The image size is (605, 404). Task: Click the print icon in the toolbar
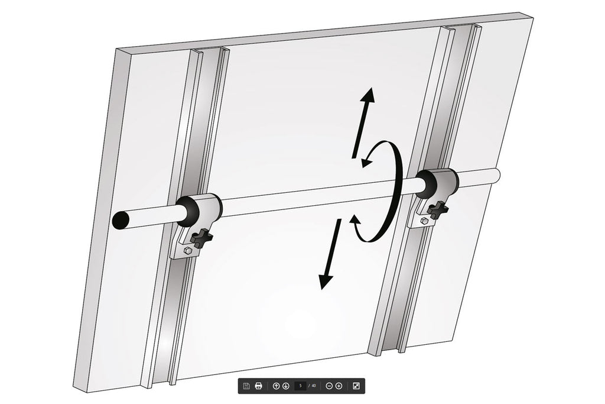[259, 386]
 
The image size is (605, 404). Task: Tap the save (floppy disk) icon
[246, 386]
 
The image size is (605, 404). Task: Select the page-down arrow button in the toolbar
[286, 386]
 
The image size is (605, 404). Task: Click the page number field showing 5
[300, 386]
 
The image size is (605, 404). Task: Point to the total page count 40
[313, 386]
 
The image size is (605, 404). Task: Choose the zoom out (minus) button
[329, 386]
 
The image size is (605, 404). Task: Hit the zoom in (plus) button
[339, 386]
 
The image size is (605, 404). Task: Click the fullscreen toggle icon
[356, 386]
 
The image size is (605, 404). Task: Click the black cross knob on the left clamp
[202, 238]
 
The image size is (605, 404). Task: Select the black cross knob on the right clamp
[438, 210]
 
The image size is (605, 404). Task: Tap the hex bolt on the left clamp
[188, 250]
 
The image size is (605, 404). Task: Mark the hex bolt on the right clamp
[424, 221]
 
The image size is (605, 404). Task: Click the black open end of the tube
[121, 221]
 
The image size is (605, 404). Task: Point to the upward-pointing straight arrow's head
[368, 95]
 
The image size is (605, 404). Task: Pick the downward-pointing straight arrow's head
[326, 281]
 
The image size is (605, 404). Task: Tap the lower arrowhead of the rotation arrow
[355, 220]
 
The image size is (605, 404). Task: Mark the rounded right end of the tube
[496, 175]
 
